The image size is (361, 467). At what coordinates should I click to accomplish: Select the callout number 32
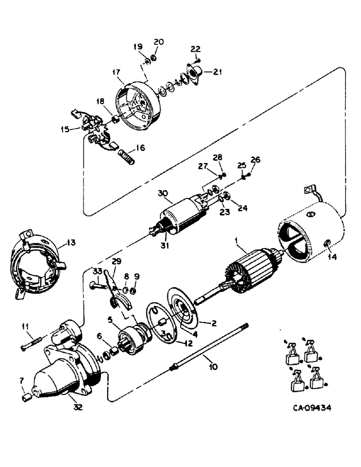pyautogui.click(x=78, y=407)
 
